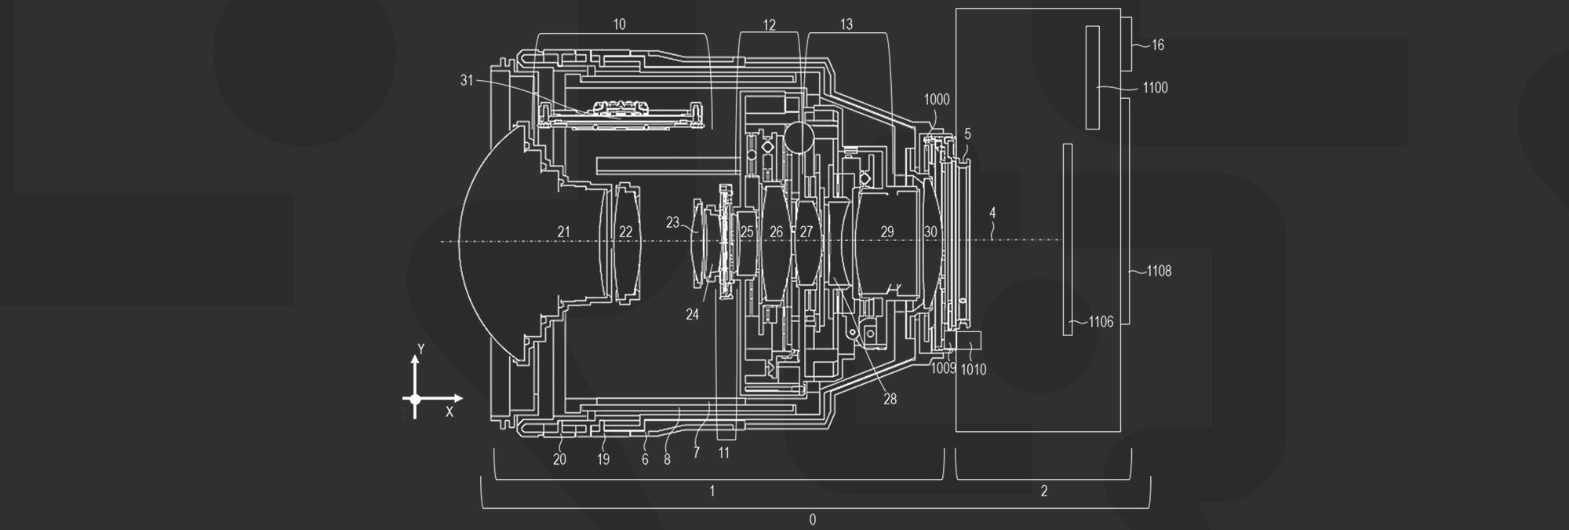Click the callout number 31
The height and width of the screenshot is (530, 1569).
pos(467,80)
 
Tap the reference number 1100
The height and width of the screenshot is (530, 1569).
pos(1155,88)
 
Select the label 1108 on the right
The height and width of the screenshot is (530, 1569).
pos(1159,271)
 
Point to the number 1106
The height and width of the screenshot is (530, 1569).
pos(1101,321)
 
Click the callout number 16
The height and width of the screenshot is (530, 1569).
pos(1158,46)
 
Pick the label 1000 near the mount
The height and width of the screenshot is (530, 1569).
pos(937,100)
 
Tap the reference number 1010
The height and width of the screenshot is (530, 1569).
pos(974,369)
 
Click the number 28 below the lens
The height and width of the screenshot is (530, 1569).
pos(890,399)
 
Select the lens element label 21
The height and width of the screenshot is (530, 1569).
pos(563,232)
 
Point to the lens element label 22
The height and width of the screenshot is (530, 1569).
pos(625,232)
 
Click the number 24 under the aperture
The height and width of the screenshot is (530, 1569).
pos(692,314)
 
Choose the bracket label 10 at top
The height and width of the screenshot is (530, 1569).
pos(619,24)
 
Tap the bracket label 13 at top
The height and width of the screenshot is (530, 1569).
pos(846,24)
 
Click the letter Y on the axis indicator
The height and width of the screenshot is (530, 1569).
pos(421,349)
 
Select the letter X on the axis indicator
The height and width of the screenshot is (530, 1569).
pos(450,411)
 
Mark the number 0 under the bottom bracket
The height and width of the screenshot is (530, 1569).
pos(812,519)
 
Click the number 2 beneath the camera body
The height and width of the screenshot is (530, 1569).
pos(1043,491)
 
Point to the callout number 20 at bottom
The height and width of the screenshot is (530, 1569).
pos(559,459)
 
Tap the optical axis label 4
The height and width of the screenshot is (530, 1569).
pos(992,213)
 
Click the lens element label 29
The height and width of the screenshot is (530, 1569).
pos(886,232)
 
